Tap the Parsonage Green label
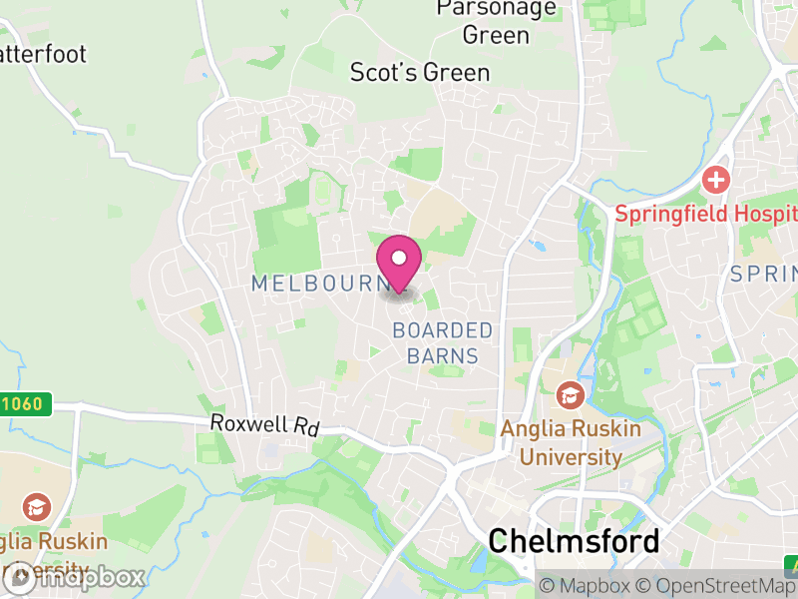click(x=496, y=21)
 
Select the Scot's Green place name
click(x=420, y=73)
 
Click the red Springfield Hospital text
click(x=705, y=214)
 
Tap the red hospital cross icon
click(x=715, y=181)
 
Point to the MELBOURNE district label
click(x=317, y=284)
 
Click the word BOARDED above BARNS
click(x=443, y=330)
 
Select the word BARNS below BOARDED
click(x=443, y=356)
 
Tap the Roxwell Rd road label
click(x=264, y=424)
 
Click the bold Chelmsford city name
click(x=574, y=541)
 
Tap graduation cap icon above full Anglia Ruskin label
click(x=571, y=396)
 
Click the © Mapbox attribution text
click(x=586, y=586)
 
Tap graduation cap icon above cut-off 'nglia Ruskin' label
click(x=36, y=506)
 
